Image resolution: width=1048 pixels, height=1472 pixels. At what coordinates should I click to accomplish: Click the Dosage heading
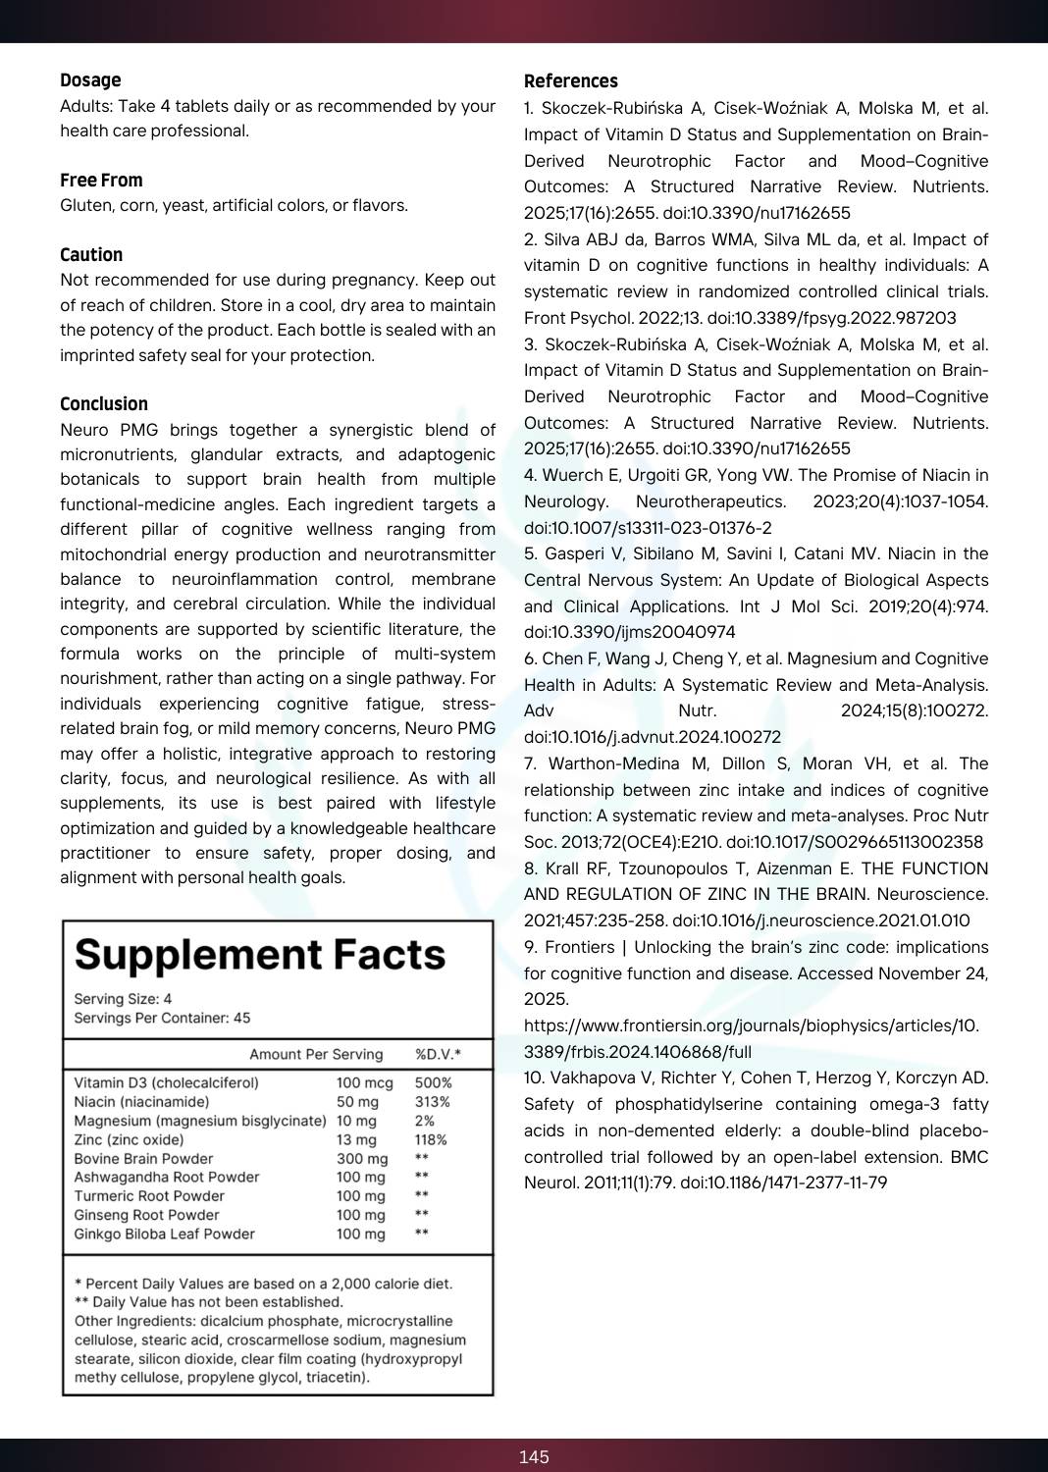(x=90, y=80)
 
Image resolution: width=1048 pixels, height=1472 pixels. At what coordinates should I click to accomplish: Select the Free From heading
(x=101, y=181)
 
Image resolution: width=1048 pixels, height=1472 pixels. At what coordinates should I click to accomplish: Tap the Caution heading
(x=91, y=255)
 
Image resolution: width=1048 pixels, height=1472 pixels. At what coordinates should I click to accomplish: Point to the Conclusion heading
(x=104, y=404)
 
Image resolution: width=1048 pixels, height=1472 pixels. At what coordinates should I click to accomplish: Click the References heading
(x=570, y=81)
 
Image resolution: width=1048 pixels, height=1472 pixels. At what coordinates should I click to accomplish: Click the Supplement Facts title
(x=260, y=955)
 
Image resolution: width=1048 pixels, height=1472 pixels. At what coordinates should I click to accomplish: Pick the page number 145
(x=534, y=1457)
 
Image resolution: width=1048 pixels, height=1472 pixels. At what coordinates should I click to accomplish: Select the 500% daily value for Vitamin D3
(x=433, y=1083)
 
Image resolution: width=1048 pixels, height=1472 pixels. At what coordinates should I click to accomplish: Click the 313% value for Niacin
(x=432, y=1102)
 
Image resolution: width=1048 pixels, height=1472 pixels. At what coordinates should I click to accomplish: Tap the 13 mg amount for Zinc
(x=356, y=1140)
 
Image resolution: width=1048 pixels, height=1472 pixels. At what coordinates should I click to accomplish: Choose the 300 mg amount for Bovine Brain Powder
(x=362, y=1159)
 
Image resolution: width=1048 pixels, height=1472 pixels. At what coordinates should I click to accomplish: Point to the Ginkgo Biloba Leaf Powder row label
(x=164, y=1235)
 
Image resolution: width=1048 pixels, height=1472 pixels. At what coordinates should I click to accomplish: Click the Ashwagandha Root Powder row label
(x=167, y=1178)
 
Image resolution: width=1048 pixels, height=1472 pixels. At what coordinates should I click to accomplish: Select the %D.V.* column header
(x=438, y=1055)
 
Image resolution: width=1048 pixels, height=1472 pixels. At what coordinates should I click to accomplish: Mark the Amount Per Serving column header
(x=316, y=1055)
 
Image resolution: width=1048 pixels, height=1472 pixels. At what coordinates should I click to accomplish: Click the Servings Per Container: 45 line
(x=162, y=1019)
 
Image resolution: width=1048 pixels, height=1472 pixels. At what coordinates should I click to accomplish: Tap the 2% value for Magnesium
(x=424, y=1121)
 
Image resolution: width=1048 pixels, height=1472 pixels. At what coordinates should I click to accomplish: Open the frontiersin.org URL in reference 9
(x=751, y=1038)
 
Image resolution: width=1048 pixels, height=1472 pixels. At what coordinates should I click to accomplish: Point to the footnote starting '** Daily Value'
(x=208, y=1302)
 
